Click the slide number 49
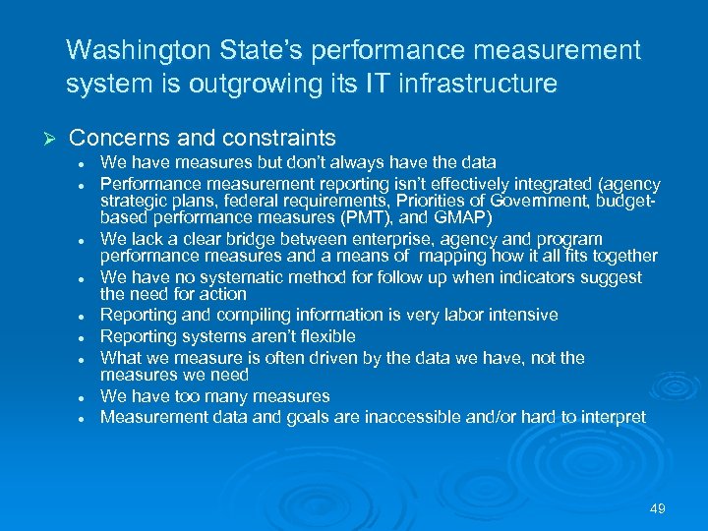coord(658,508)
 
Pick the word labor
coord(459,315)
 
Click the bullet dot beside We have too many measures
coord(89,398)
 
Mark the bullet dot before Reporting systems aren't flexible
coord(89,338)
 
